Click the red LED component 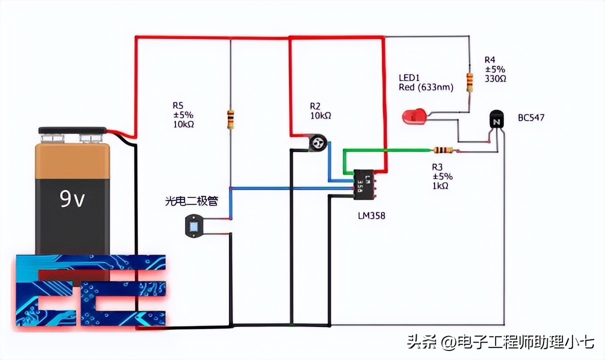point(413,117)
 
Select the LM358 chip point(364,184)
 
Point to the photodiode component point(193,225)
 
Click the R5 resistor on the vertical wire point(230,119)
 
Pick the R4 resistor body point(469,82)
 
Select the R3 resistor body point(442,149)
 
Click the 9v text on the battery point(73,199)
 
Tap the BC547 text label point(531,118)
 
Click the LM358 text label point(371,215)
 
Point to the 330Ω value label point(495,78)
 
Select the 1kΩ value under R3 point(440,185)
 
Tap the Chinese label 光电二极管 point(191,201)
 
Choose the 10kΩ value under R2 point(320,115)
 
